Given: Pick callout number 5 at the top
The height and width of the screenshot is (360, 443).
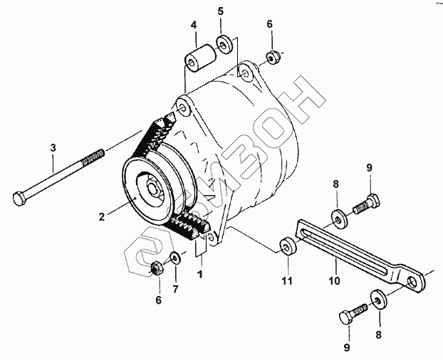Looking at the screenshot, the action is click(220, 11).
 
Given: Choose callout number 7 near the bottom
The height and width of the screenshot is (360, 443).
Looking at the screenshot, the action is click(176, 288).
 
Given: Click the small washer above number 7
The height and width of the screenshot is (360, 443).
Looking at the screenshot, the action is click(175, 256).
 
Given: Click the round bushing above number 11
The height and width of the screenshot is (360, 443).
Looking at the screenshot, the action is click(288, 247).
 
